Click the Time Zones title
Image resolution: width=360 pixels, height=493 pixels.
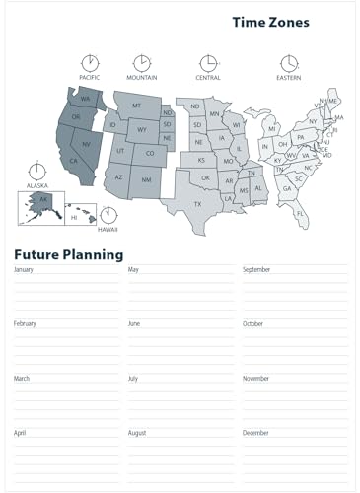[x=270, y=22]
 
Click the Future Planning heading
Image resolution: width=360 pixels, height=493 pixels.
[x=68, y=254]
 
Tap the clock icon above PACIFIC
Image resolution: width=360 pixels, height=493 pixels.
[x=90, y=63]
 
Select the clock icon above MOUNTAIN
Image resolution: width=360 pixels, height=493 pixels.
[x=142, y=63]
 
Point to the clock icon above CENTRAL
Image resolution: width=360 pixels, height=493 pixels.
[x=208, y=63]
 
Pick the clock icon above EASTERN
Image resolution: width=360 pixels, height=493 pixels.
[x=288, y=63]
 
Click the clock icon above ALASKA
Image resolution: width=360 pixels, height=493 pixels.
[x=37, y=170]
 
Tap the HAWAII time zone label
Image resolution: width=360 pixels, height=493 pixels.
[x=108, y=229]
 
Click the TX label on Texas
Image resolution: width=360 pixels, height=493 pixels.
[x=197, y=204]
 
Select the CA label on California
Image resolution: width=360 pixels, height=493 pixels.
[x=73, y=161]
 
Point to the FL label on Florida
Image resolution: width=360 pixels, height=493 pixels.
[x=301, y=213]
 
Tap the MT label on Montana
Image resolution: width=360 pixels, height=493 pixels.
[x=137, y=106]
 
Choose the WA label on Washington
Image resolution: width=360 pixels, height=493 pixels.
[x=85, y=99]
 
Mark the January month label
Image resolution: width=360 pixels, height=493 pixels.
[x=24, y=269]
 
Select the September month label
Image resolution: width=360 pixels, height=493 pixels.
[x=256, y=269]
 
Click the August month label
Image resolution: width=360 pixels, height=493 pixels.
[x=137, y=433]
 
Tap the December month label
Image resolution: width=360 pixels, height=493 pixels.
[x=255, y=433]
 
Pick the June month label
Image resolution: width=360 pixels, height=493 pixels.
[x=134, y=323]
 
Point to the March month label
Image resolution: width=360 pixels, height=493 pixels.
[x=22, y=379]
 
